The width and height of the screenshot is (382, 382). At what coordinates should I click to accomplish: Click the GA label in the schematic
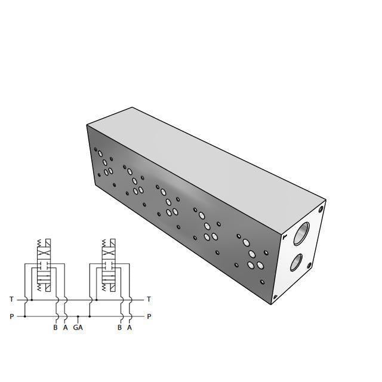coord(78,327)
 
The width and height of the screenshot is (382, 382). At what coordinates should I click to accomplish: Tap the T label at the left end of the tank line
coord(11,299)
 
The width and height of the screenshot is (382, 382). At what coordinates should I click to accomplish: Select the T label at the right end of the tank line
coord(149,299)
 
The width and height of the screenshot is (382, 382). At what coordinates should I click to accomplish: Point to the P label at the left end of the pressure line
coord(11,316)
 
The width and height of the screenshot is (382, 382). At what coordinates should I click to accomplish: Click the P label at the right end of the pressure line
coord(149,316)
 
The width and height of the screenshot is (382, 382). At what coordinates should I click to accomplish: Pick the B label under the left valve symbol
coord(56,327)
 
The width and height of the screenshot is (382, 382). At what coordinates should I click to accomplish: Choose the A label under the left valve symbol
coord(66,327)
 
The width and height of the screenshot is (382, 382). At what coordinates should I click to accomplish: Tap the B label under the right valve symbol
coord(120,327)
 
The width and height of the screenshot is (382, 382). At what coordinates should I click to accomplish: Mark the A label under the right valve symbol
coord(130,327)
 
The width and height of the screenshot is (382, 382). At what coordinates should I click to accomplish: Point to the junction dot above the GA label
coord(78,316)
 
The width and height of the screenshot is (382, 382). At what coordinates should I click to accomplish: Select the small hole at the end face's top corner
coord(321,210)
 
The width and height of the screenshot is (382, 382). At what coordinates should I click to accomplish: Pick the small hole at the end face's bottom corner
coord(275,297)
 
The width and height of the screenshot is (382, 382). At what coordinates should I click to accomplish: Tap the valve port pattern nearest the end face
coord(251,255)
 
